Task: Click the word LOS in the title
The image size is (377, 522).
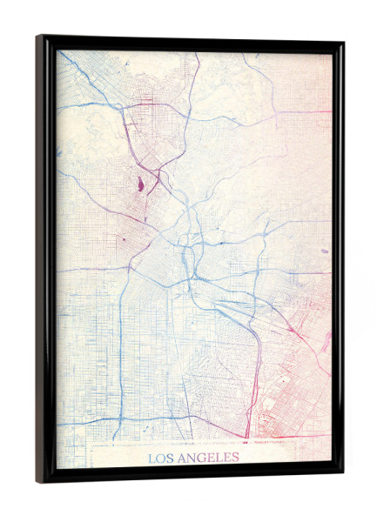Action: pos(159,458)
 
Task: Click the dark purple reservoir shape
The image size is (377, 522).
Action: pos(138,184)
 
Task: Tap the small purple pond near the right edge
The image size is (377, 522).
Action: pos(324,251)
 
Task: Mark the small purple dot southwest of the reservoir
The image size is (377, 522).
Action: pos(122,236)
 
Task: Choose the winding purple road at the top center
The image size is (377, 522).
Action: pos(192,87)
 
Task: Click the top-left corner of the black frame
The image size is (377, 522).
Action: pos(39,37)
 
